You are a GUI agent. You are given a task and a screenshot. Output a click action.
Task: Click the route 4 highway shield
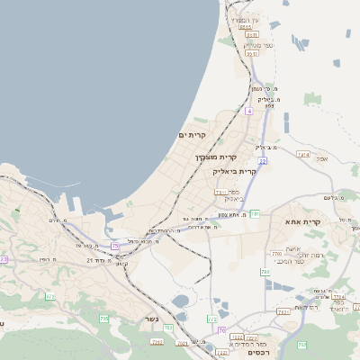(248, 111)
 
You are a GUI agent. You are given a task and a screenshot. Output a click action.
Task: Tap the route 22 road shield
(262, 160)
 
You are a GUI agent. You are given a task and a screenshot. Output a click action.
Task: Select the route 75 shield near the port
(115, 246)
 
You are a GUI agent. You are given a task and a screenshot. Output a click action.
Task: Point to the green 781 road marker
(255, 213)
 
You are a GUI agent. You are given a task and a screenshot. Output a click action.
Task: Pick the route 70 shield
(221, 331)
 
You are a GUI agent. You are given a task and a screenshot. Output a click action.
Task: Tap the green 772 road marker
(212, 319)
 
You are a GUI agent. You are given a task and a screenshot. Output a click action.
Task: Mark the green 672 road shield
(50, 295)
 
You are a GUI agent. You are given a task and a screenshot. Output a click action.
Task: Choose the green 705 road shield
(104, 319)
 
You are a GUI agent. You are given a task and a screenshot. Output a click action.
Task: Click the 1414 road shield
(302, 155)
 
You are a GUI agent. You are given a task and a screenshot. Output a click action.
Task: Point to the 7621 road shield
(283, 311)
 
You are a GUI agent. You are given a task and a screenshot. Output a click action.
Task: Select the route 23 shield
(4, 259)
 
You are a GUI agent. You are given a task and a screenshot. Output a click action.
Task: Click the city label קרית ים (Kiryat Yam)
(192, 135)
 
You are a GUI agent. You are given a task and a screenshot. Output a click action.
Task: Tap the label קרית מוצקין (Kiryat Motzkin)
(216, 157)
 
